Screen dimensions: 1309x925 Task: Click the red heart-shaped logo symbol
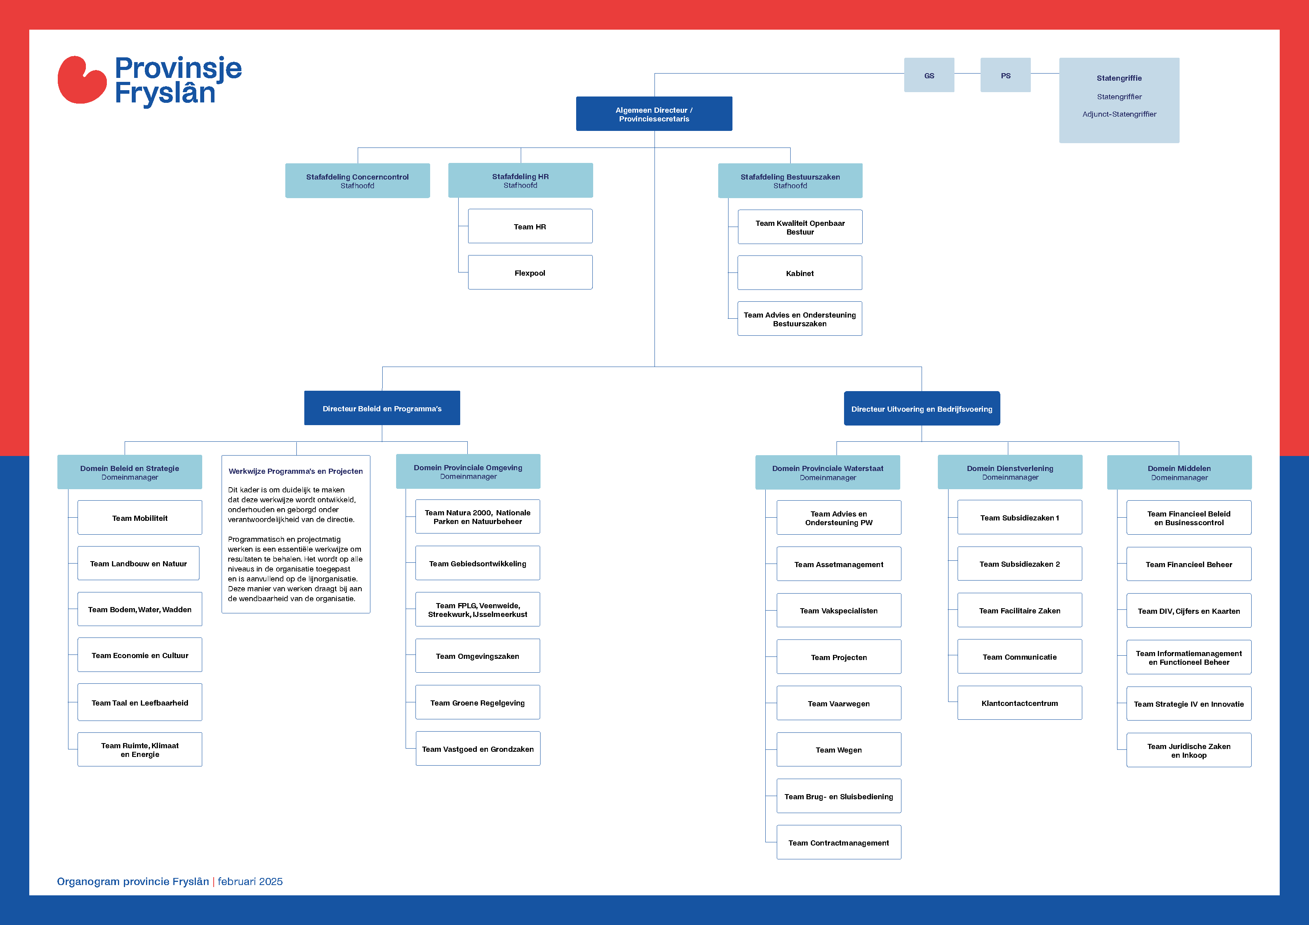(82, 80)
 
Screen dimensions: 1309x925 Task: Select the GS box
(929, 75)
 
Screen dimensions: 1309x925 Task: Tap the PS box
(1005, 75)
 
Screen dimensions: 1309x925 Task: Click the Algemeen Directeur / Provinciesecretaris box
(654, 114)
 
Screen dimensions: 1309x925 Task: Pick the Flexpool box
(530, 272)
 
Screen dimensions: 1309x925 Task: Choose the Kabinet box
(800, 273)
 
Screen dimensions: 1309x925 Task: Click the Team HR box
(530, 226)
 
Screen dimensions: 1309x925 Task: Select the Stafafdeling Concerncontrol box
(357, 181)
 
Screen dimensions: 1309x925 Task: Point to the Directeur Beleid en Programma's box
(382, 408)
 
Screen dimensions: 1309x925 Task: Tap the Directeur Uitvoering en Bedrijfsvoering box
(922, 409)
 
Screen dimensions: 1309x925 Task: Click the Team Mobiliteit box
(140, 518)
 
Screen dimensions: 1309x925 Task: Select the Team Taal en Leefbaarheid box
(140, 703)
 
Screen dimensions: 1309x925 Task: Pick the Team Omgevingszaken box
(478, 656)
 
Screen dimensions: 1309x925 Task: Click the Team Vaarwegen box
(839, 703)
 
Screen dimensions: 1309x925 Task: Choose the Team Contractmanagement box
(839, 842)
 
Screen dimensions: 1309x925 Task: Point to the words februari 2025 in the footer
(250, 881)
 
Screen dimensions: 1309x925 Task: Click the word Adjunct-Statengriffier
(1119, 114)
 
